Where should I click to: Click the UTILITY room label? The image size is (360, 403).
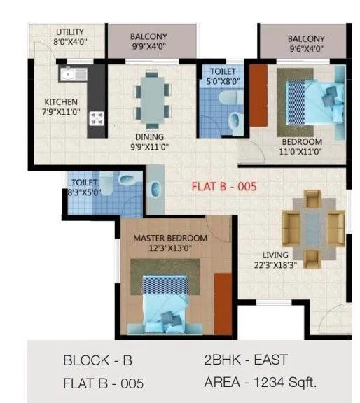tap(69, 31)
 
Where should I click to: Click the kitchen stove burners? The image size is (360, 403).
tap(95, 118)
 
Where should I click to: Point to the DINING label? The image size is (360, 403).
tap(150, 136)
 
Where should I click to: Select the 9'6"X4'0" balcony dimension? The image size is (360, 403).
tap(306, 49)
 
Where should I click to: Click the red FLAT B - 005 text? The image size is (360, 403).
tap(225, 187)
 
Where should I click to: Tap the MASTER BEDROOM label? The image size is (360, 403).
tap(170, 239)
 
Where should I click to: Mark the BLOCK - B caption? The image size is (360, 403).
tap(97, 361)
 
